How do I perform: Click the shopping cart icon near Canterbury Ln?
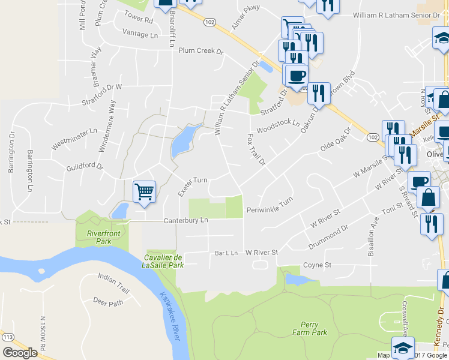click(x=144, y=193)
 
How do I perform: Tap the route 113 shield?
click(x=8, y=338)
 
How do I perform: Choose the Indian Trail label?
click(x=113, y=277)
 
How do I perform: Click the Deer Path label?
click(x=108, y=302)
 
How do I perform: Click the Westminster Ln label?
click(x=74, y=139)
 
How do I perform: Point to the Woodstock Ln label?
click(x=277, y=126)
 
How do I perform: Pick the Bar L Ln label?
click(x=226, y=253)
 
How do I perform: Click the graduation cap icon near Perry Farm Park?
click(x=403, y=347)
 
